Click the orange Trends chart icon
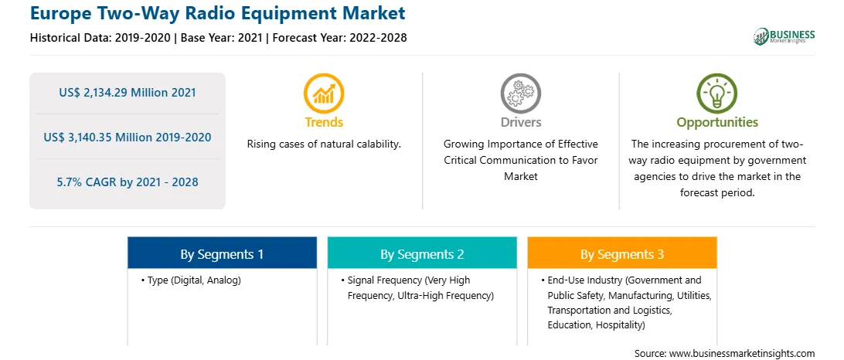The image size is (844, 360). pos(324,93)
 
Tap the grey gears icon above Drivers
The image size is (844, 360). pos(520,93)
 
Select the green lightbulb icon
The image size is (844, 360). pos(717,93)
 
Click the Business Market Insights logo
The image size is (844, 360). pos(784,36)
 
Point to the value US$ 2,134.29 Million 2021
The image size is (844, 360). pos(128,93)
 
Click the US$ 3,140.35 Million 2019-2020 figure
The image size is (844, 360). pos(128,138)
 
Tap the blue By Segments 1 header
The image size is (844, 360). pos(223,253)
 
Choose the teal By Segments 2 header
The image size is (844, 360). pos(422,253)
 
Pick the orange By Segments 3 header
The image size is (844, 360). pos(622,253)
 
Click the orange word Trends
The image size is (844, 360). pos(324,122)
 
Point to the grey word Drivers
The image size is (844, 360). pos(521,122)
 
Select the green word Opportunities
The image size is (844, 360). pos(717,123)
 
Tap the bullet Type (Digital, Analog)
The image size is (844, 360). pos(191,280)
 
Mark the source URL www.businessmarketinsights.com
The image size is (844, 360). pos(742,354)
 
